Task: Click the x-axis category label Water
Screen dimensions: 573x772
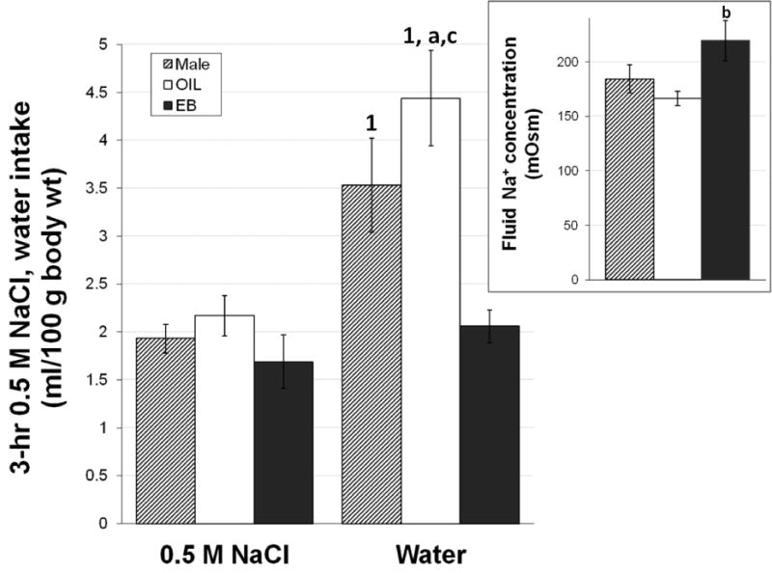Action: [431, 558]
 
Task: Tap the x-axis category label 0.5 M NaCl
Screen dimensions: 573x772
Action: [226, 558]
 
